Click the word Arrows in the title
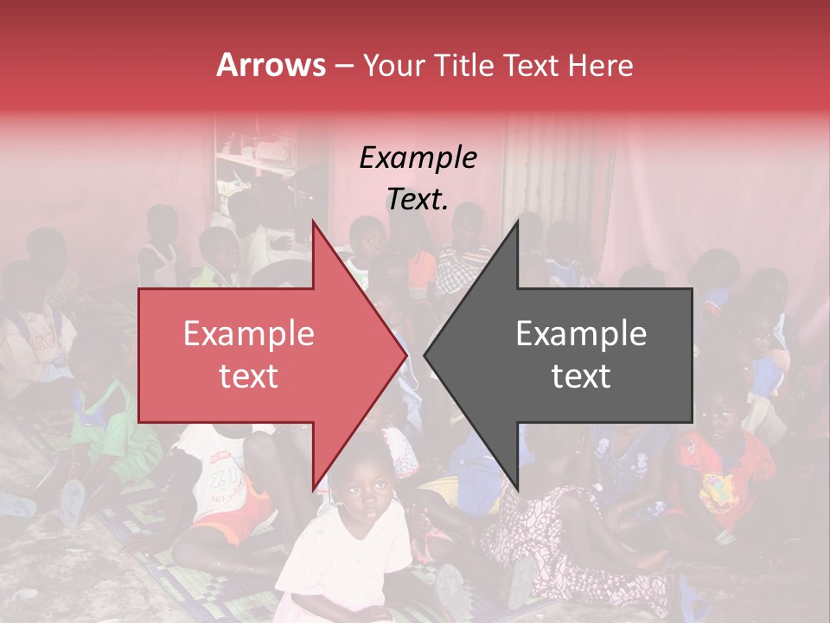click(271, 65)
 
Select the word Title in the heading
click(470, 65)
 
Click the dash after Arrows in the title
click(343, 66)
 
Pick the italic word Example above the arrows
click(418, 158)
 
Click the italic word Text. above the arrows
click(418, 199)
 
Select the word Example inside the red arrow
click(248, 334)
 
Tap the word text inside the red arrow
click(248, 376)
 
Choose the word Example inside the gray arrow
click(581, 334)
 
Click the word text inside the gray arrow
click(581, 376)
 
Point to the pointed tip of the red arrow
click(405, 355)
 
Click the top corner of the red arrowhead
click(313, 222)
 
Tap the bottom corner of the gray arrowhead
click(517, 489)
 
